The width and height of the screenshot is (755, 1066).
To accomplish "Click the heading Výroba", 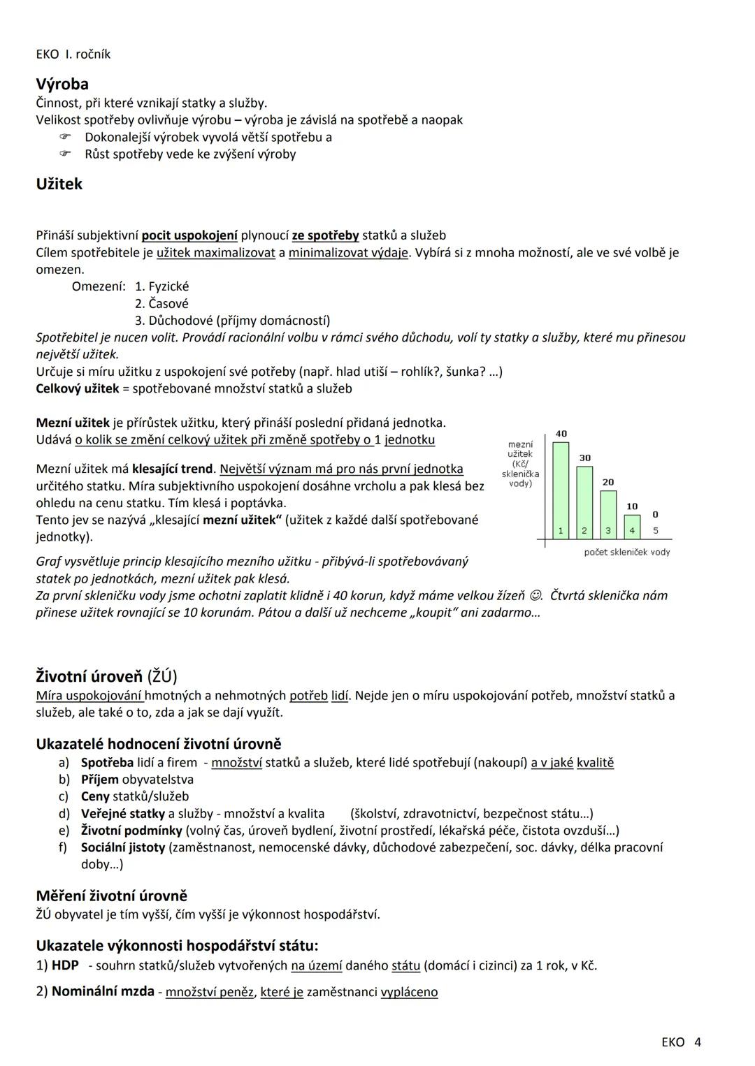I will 62,85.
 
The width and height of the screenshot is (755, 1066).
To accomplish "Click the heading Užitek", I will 59,184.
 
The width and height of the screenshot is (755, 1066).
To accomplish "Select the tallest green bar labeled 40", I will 561,489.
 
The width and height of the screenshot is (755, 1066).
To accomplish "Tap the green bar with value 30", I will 584,502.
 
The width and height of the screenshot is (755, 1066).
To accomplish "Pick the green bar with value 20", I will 608,514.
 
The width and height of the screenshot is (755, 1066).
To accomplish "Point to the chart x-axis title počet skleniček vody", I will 626,553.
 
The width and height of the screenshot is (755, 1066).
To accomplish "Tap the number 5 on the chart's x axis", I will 656,531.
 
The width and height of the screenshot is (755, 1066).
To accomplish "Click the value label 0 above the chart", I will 655,515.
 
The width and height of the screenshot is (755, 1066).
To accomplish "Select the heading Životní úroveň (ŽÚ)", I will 106,676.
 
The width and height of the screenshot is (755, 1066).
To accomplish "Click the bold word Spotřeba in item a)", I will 109,763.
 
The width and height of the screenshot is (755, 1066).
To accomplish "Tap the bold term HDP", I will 65,966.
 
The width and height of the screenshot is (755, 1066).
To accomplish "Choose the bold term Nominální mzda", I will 103,992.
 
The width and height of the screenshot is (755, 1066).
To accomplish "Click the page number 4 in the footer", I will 697,1042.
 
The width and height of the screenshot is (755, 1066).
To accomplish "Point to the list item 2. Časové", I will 161,304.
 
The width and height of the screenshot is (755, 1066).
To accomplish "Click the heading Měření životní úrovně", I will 111,896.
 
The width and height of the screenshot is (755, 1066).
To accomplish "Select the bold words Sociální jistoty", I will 123,847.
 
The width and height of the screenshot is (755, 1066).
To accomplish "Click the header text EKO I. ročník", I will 73,54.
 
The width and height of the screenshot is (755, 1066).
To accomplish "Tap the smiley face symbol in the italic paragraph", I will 535,596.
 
